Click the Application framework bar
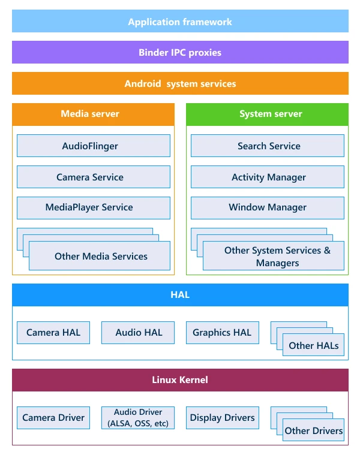tap(180, 22)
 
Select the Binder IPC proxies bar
tap(180, 52)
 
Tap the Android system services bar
tap(180, 83)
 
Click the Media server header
tap(93, 114)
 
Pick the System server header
tap(267, 114)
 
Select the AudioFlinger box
tap(93, 146)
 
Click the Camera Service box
tap(93, 177)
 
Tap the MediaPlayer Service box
tap(93, 207)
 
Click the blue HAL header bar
tap(180, 295)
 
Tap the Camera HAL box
tap(53, 333)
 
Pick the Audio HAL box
tap(139, 333)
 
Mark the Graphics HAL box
tap(222, 333)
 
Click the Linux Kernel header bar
tap(180, 380)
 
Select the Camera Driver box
tap(53, 418)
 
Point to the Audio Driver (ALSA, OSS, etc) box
tap(139, 418)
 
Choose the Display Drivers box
tap(222, 418)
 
